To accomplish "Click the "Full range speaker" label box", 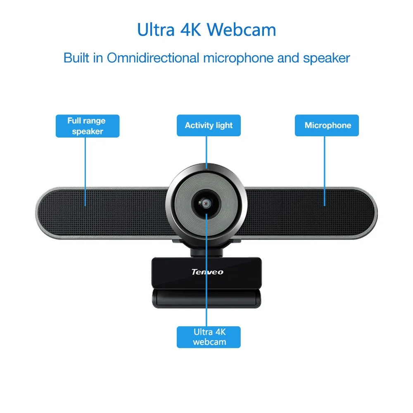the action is (x=87, y=126).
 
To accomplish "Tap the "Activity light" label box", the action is (x=209, y=126).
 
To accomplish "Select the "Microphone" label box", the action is (x=327, y=126).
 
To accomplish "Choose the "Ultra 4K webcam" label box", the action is (x=209, y=337).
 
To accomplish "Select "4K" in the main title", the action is (x=189, y=30).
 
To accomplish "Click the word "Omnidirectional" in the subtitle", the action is (x=153, y=58).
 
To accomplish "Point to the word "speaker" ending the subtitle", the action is (x=326, y=58).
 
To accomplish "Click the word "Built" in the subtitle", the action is (x=77, y=58).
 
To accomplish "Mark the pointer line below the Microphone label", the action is (x=325, y=169).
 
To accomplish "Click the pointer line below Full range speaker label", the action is (x=86, y=169).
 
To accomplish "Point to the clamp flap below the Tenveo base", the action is (x=206, y=298).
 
